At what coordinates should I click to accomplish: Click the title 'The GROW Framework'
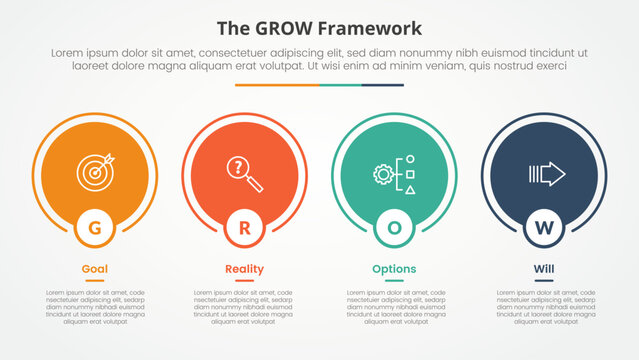pyautogui.click(x=319, y=28)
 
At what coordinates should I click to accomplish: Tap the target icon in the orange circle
pyautogui.click(x=95, y=169)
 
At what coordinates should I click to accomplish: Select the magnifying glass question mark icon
pyautogui.click(x=245, y=170)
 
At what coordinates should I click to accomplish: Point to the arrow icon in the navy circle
pyautogui.click(x=546, y=175)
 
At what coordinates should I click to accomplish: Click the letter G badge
pyautogui.click(x=95, y=228)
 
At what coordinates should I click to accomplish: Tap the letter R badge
pyautogui.click(x=245, y=228)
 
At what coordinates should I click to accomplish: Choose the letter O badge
pyautogui.click(x=394, y=228)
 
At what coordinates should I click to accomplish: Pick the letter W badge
pyautogui.click(x=544, y=228)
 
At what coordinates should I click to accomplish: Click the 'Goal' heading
pyautogui.click(x=95, y=269)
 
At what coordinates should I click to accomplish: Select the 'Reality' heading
pyautogui.click(x=245, y=269)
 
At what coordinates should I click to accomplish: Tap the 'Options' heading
pyautogui.click(x=394, y=269)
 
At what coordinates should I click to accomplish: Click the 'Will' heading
pyautogui.click(x=544, y=269)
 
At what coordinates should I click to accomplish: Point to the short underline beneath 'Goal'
pyautogui.click(x=95, y=281)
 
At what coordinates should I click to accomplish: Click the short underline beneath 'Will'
pyautogui.click(x=544, y=281)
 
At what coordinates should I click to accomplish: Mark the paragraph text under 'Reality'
pyautogui.click(x=245, y=307)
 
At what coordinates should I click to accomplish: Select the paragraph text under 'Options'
pyautogui.click(x=394, y=307)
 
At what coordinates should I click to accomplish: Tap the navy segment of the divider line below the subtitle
pyautogui.click(x=382, y=85)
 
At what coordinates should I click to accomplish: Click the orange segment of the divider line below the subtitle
pyautogui.click(x=277, y=85)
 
